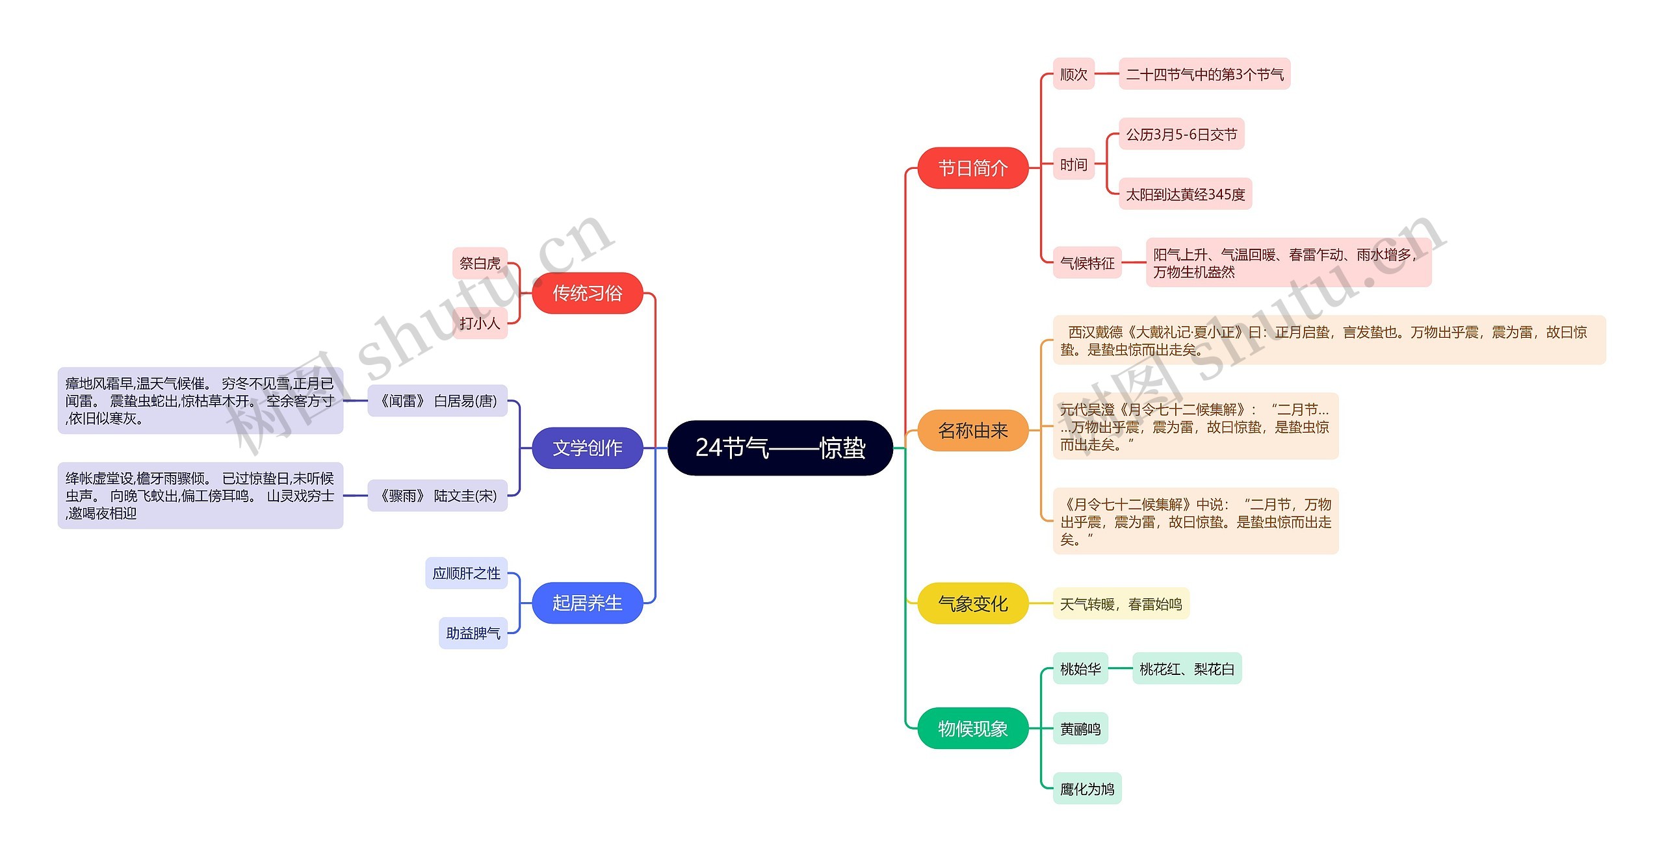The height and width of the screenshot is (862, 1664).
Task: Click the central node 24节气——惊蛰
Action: pyautogui.click(x=780, y=448)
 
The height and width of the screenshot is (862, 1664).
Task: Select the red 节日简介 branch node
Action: pyautogui.click(x=972, y=168)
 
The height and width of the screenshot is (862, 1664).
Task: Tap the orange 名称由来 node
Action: pyautogui.click(x=972, y=430)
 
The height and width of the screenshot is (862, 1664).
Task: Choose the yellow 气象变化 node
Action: pyautogui.click(x=972, y=603)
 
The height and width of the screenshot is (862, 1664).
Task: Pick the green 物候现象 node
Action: pyautogui.click(x=972, y=728)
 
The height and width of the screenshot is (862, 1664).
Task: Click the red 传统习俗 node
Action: pyautogui.click(x=587, y=293)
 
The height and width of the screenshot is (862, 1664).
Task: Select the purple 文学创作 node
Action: pyautogui.click(x=587, y=448)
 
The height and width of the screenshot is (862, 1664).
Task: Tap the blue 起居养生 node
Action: pyautogui.click(x=587, y=603)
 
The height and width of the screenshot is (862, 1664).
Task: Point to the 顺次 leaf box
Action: pyautogui.click(x=1073, y=74)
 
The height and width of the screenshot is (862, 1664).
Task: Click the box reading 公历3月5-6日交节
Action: pyautogui.click(x=1181, y=134)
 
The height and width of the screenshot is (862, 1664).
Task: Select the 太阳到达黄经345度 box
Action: pyautogui.click(x=1185, y=194)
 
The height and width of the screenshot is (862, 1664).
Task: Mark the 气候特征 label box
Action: pyautogui.click(x=1087, y=262)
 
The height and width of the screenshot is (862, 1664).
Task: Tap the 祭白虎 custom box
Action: pyautogui.click(x=480, y=262)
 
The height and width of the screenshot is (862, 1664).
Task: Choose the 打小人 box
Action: pyautogui.click(x=480, y=323)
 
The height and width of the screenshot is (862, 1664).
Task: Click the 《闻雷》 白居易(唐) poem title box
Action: pyautogui.click(x=437, y=401)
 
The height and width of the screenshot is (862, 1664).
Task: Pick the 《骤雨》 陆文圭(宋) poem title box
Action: pyautogui.click(x=437, y=496)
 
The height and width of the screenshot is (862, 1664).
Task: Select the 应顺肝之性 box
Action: pyautogui.click(x=466, y=573)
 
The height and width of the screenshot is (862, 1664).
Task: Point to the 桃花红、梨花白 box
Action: pyautogui.click(x=1186, y=668)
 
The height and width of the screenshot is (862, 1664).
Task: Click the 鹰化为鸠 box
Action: pyautogui.click(x=1087, y=789)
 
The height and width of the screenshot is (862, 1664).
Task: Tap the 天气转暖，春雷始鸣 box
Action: pyautogui.click(x=1121, y=603)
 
